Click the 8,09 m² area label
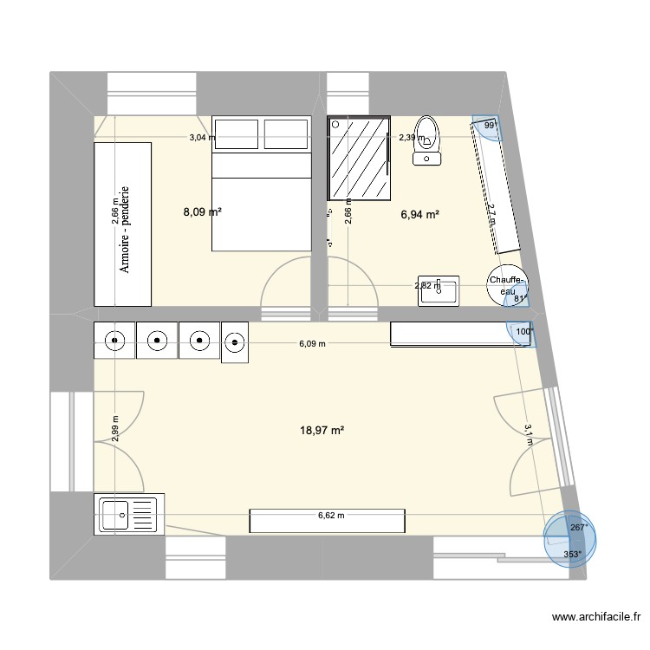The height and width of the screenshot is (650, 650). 201,211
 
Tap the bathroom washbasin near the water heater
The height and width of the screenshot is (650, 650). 440,291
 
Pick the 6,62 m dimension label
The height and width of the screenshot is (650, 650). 330,516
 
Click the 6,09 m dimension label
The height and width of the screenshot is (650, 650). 312,344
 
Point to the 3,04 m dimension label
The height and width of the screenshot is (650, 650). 204,137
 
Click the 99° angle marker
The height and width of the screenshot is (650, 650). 490,126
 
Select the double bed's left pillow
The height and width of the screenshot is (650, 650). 237,134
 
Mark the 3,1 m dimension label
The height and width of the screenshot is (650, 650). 528,433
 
